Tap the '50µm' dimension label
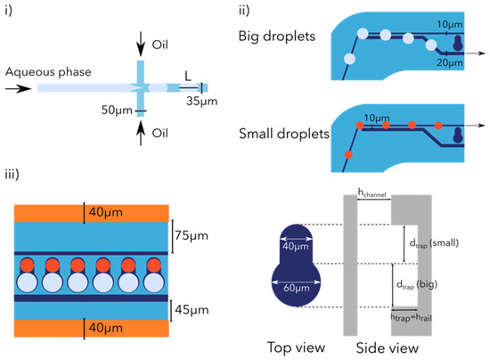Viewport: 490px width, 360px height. [x=113, y=110]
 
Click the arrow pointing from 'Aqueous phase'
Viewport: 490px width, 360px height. [x=19, y=88]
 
